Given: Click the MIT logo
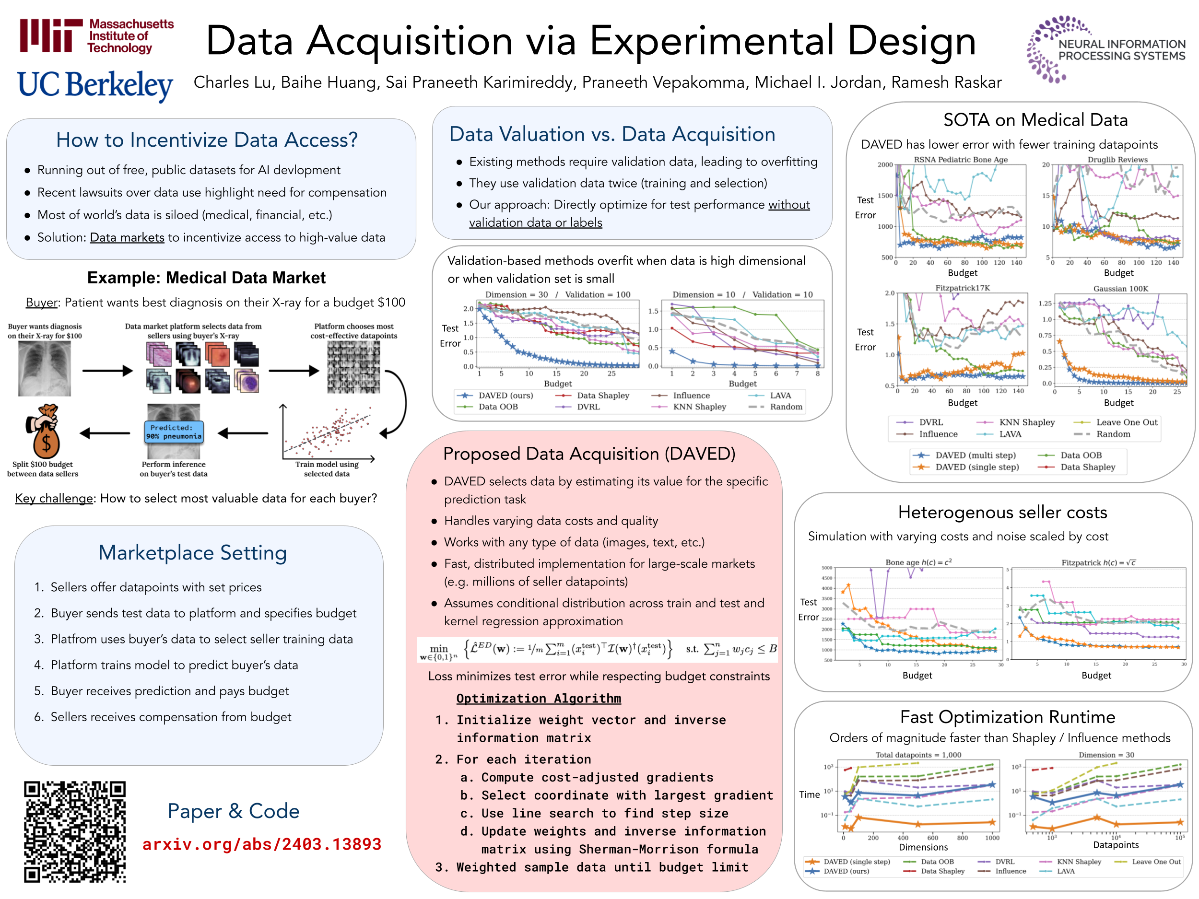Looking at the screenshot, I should (x=96, y=36).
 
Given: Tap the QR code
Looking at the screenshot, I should (x=75, y=831).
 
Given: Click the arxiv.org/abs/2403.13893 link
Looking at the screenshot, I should (x=262, y=844).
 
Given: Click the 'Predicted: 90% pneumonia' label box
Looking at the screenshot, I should (x=174, y=432).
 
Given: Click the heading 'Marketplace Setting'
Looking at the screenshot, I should (x=192, y=553).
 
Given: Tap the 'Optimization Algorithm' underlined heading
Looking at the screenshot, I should (x=538, y=699).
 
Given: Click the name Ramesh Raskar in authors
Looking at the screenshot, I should (x=946, y=82).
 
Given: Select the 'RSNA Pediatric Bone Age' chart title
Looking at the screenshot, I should (x=961, y=159).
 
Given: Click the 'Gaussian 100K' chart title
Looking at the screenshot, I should (x=1120, y=288).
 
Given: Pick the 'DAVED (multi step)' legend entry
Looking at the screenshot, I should (x=975, y=455).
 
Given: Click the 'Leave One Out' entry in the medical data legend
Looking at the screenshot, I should (x=1127, y=422).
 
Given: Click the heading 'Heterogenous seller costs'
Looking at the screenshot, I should (x=1002, y=512).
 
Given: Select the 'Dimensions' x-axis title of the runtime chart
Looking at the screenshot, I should (x=923, y=847).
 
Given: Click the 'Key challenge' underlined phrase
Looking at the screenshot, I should (x=54, y=498).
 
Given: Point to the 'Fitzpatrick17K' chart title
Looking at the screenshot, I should (x=962, y=288).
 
